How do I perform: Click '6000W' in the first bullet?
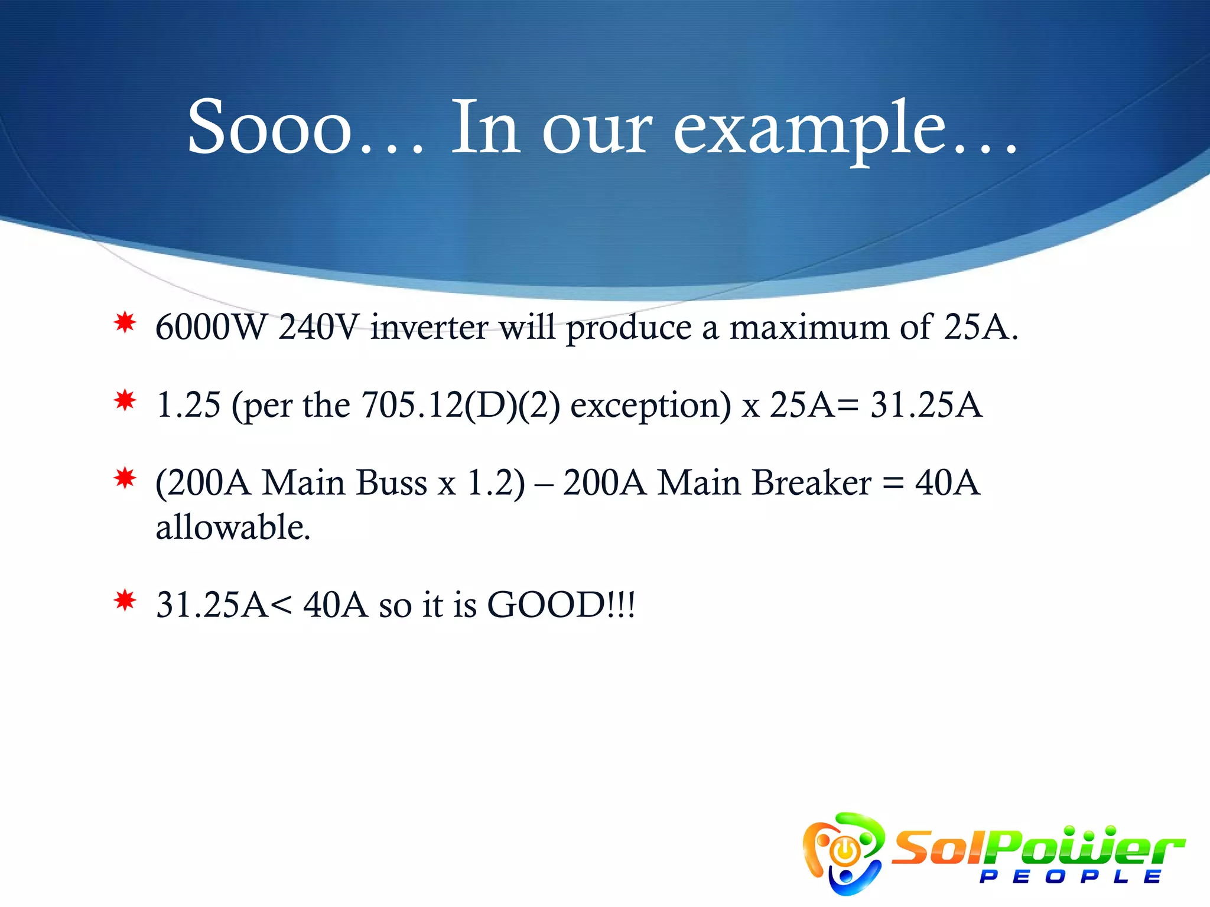[x=211, y=327]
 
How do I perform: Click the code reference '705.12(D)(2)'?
[x=460, y=405]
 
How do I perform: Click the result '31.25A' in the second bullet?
[x=926, y=405]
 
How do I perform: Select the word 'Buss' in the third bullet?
[x=392, y=483]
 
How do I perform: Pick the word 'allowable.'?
[x=233, y=527]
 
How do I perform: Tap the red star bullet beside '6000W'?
[x=125, y=323]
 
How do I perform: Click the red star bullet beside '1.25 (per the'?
[x=125, y=401]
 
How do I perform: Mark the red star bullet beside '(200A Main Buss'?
[x=125, y=478]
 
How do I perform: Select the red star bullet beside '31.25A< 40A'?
[x=125, y=601]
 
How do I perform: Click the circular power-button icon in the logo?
[x=845, y=851]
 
